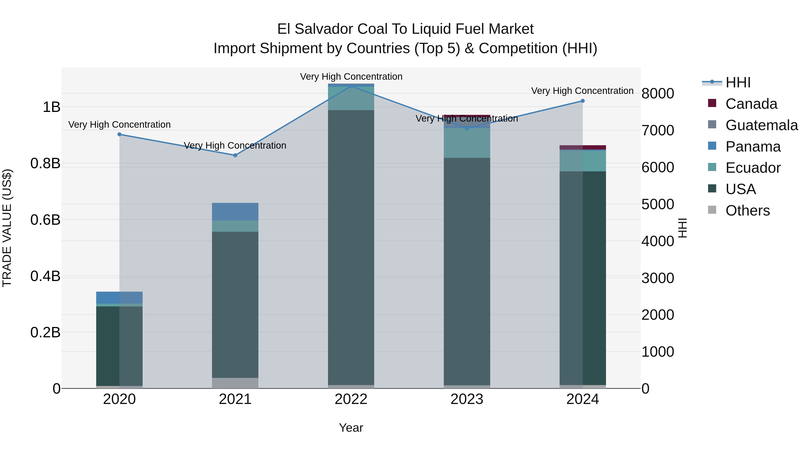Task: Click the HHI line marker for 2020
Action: tap(119, 134)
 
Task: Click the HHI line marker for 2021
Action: tap(235, 155)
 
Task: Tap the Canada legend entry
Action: tap(751, 104)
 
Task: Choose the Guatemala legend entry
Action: tap(761, 125)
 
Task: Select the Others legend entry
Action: tap(747, 211)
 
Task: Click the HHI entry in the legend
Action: tap(738, 82)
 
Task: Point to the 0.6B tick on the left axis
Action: tap(45, 220)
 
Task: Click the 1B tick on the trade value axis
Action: tap(51, 107)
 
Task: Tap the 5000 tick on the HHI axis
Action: tap(658, 204)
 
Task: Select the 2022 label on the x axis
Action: tap(351, 399)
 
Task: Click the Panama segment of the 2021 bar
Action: tap(235, 211)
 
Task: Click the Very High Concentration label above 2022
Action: tap(351, 77)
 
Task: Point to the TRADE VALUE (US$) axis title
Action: tap(7, 228)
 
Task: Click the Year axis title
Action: tap(351, 428)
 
